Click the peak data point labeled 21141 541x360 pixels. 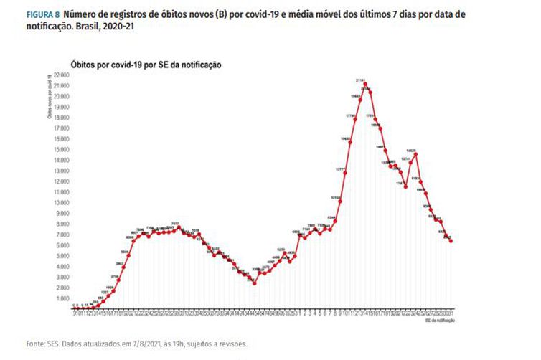tap(365, 84)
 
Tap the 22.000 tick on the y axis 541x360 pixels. tap(60, 75)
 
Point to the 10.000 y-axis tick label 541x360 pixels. tap(60, 202)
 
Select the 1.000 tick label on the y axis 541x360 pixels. tap(62, 298)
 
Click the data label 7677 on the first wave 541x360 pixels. tap(174, 224)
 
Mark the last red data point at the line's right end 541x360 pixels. tap(451, 241)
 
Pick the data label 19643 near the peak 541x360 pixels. tap(355, 95)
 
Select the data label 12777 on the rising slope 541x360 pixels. tap(341, 169)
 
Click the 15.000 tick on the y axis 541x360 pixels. tap(60, 149)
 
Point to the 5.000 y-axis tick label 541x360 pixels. tap(62, 256)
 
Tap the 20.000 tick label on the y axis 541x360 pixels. tap(60, 96)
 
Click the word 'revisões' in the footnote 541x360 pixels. tap(233, 344)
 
